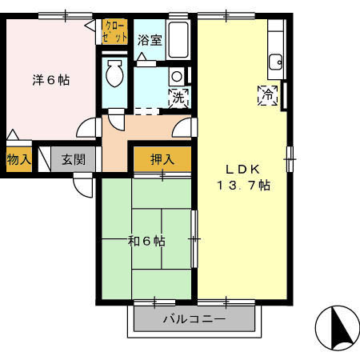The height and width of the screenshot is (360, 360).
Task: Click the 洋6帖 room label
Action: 50,80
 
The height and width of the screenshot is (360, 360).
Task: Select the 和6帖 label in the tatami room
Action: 146,240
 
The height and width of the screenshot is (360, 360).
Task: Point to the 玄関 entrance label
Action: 74,159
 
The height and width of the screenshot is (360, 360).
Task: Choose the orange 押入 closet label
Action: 162,159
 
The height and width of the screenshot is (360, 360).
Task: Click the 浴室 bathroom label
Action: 149,40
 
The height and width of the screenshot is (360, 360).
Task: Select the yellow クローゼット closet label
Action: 114,33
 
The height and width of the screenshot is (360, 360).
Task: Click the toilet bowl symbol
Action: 114,74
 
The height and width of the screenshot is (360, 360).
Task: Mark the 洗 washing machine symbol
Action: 178,98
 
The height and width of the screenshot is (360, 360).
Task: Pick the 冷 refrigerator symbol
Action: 267,94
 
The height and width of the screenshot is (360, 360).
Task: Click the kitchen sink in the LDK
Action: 276,61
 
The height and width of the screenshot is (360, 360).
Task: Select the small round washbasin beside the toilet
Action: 177,77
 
